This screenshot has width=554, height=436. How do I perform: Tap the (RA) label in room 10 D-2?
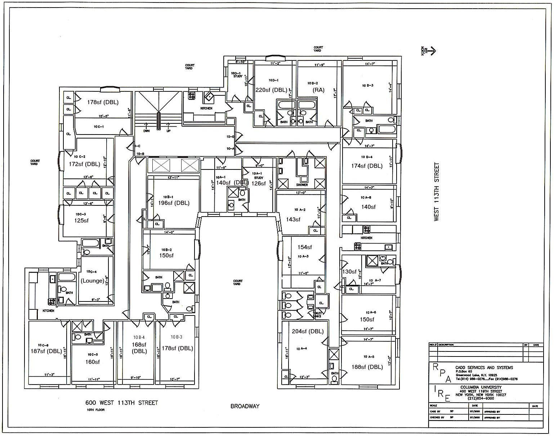319,90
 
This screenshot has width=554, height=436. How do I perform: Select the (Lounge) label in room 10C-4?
93,281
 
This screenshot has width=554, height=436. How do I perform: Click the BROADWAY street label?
245,406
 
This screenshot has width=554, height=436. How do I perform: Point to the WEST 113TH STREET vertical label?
437,192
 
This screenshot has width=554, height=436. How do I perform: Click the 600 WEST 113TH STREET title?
121,403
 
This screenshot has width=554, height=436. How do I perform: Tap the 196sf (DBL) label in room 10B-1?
174,203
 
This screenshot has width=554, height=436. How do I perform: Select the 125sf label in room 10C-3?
81,221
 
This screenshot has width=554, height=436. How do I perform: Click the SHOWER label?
302,185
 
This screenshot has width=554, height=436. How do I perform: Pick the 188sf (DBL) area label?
367,367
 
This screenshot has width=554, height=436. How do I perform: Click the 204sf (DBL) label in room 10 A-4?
308,331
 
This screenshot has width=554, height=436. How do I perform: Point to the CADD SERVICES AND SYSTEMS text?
484,367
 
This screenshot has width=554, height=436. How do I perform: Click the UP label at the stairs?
168,131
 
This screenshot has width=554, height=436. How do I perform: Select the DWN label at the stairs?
146,131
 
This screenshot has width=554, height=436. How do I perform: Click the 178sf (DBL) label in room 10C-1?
103,102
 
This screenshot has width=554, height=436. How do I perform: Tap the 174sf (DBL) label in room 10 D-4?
367,166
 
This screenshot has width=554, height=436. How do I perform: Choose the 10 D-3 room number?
367,86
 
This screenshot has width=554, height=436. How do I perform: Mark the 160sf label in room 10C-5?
93,362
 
